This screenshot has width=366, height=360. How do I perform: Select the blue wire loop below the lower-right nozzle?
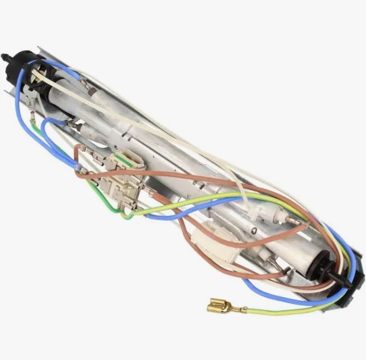click(289, 294)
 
